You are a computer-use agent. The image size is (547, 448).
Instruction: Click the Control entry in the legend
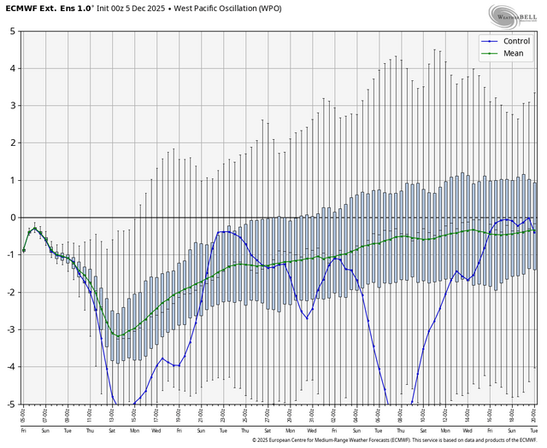517,40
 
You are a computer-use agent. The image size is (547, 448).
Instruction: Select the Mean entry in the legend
514,53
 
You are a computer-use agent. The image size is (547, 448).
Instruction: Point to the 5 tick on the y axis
11,31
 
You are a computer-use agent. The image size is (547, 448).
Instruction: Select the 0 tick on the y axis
11,218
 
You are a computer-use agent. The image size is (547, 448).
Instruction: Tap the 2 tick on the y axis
11,143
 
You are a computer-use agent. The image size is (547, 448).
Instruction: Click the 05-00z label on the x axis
24,415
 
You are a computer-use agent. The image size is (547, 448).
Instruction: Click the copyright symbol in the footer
255,440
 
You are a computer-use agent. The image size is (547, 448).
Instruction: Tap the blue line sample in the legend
488,40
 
